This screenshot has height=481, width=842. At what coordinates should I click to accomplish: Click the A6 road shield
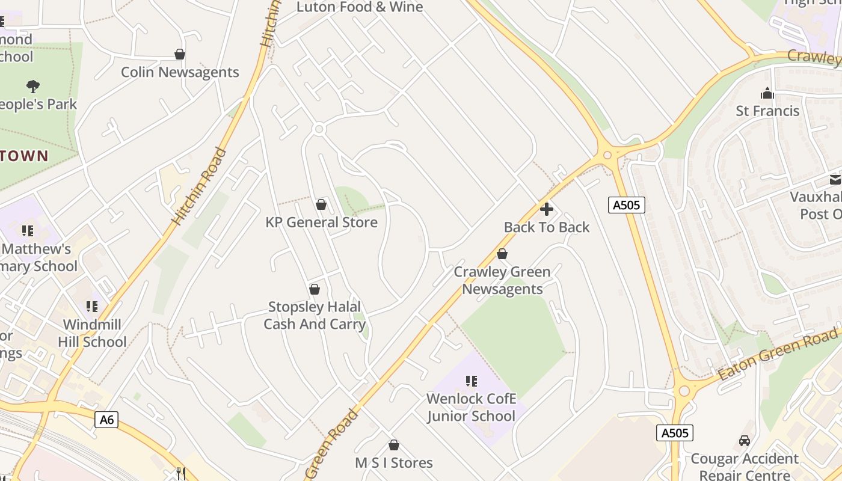(106, 420)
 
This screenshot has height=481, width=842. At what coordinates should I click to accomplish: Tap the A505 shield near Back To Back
(626, 205)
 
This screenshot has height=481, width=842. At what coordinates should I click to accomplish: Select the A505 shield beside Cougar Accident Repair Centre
(674, 433)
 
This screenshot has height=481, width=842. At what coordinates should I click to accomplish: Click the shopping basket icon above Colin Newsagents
(179, 55)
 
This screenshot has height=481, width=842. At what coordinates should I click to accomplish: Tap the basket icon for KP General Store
(321, 205)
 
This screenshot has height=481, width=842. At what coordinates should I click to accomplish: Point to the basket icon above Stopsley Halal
(314, 290)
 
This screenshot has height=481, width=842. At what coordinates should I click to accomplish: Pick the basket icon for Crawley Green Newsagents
(502, 254)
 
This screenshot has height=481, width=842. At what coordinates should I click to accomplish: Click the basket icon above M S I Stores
(393, 446)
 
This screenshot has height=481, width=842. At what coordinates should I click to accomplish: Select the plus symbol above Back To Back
(547, 209)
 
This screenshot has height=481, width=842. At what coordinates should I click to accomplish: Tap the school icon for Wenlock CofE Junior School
(472, 381)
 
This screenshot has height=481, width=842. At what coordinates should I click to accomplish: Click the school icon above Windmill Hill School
(92, 307)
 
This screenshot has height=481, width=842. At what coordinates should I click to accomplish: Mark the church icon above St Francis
(767, 93)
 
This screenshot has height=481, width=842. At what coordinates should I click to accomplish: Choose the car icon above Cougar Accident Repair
(745, 441)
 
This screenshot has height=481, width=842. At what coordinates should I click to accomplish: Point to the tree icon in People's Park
(33, 87)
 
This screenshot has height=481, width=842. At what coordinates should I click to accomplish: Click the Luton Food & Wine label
(360, 7)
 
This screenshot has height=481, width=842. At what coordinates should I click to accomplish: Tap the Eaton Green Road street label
(778, 355)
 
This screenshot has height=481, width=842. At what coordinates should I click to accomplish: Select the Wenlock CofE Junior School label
(471, 408)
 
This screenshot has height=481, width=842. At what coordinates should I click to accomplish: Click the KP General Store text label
(321, 222)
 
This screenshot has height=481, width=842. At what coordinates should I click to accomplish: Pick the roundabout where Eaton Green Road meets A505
(683, 391)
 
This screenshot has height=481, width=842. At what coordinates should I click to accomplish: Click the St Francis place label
(767, 111)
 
